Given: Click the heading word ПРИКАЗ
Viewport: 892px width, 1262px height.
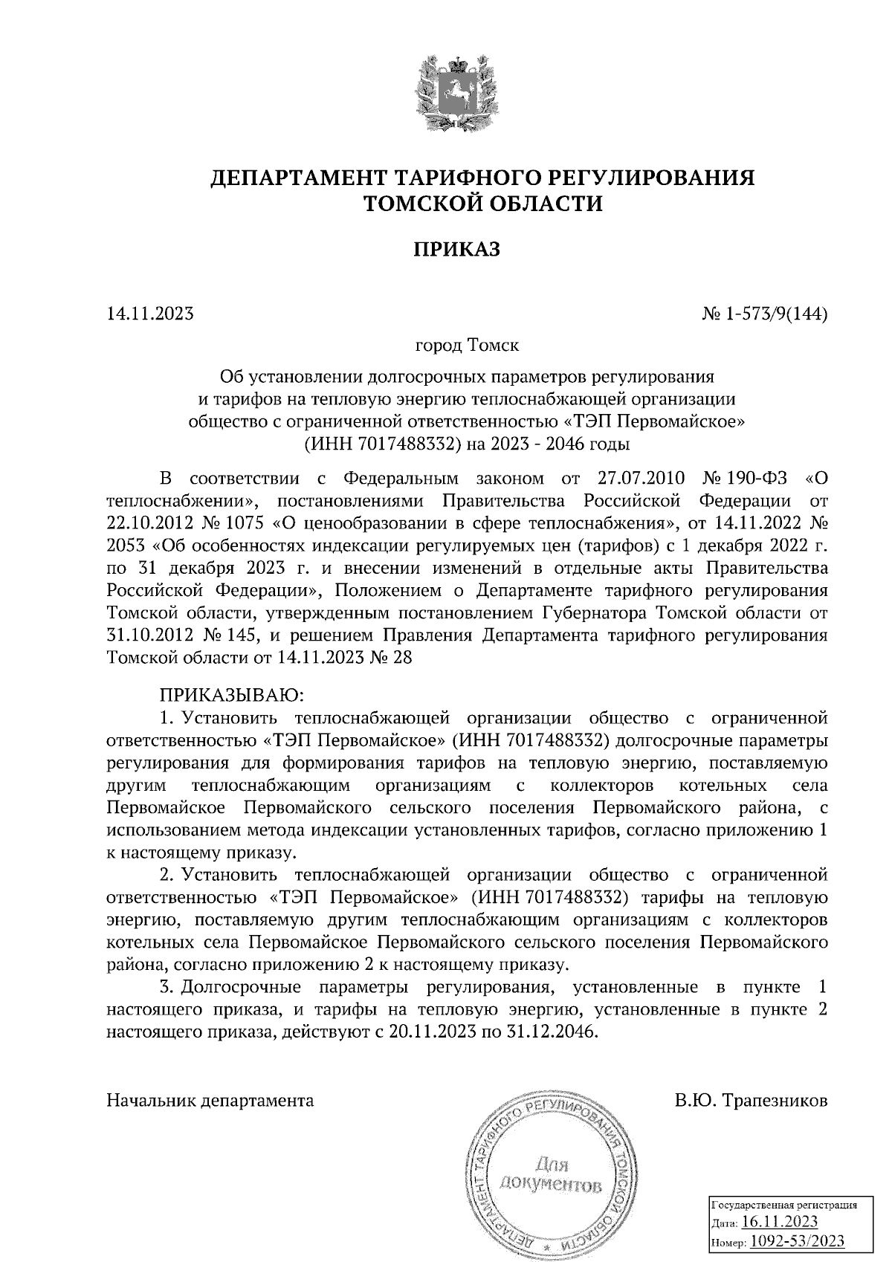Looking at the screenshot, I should pyautogui.click(x=456, y=249).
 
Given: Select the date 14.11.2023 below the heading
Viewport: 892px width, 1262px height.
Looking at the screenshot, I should pyautogui.click(x=150, y=314).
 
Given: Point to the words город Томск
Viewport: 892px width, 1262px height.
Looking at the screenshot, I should pyautogui.click(x=467, y=346).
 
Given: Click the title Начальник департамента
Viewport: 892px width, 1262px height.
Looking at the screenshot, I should pyautogui.click(x=210, y=1101).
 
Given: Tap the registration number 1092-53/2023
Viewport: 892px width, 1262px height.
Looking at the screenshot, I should pyautogui.click(x=795, y=1240).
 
